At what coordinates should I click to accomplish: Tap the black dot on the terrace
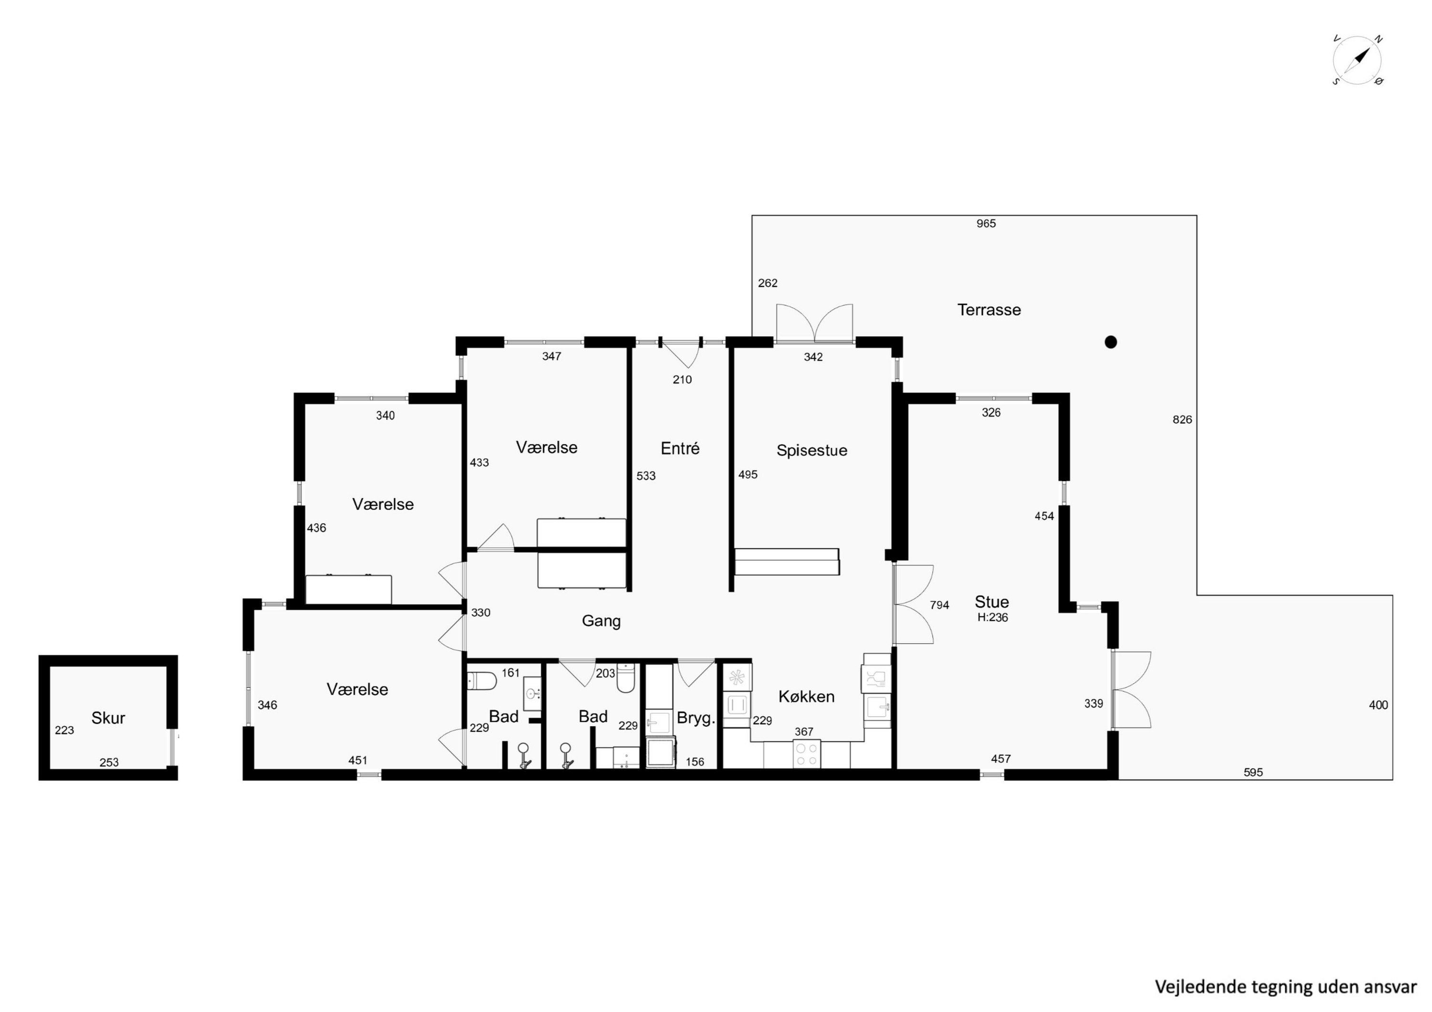click(x=1110, y=342)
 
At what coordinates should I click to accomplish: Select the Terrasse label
click(x=989, y=310)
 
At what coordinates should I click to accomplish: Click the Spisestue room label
click(x=811, y=451)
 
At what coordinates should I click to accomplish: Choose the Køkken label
click(x=806, y=697)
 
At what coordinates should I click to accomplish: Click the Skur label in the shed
click(x=108, y=718)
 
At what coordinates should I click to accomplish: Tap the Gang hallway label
click(x=601, y=621)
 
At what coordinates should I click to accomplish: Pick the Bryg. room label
click(x=695, y=718)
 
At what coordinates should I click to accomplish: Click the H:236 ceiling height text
click(x=992, y=617)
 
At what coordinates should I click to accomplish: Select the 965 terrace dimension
click(x=986, y=223)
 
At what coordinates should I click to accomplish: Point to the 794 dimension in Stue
click(x=939, y=605)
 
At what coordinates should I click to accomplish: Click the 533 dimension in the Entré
click(x=646, y=476)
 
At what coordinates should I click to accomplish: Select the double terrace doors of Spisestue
click(x=814, y=323)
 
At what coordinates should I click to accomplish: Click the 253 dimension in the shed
click(x=109, y=762)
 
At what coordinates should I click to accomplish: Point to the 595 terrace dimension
click(x=1253, y=772)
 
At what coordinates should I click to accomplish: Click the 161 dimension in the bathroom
click(x=510, y=672)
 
